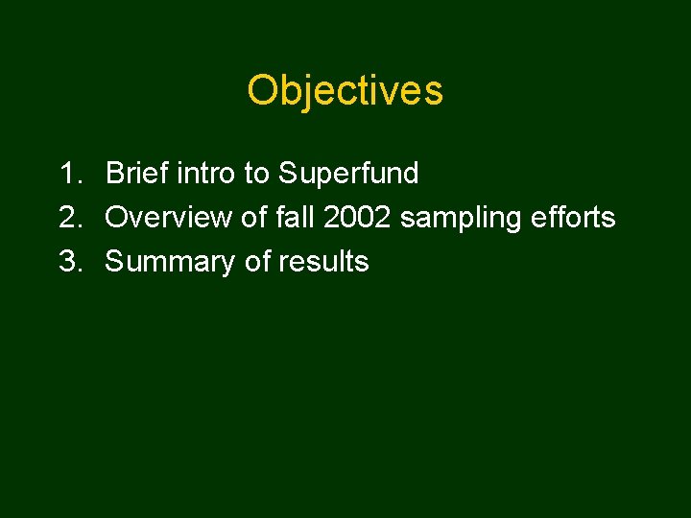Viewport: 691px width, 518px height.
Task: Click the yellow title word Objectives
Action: [345, 91]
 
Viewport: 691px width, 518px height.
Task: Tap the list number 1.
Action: [69, 174]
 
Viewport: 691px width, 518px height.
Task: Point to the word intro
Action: [205, 174]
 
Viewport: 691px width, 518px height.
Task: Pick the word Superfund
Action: [348, 174]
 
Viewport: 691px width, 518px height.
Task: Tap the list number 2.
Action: [69, 218]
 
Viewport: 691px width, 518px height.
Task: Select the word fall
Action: [296, 218]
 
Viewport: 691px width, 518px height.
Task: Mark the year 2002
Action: [358, 218]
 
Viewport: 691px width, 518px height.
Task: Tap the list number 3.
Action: [69, 262]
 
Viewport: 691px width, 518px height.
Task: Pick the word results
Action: [324, 262]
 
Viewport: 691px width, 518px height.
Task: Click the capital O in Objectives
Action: [263, 91]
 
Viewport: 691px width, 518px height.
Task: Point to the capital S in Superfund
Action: [288, 174]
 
